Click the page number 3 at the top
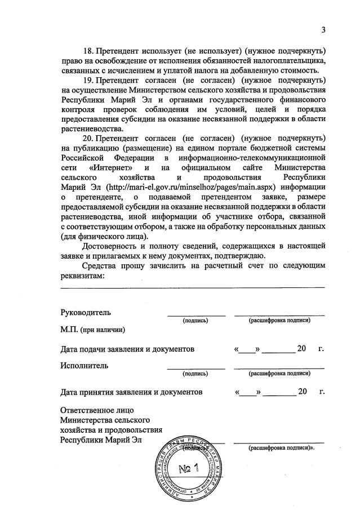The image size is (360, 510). point(323,30)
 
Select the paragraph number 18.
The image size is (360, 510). point(88,50)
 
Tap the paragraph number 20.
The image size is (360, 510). point(88,138)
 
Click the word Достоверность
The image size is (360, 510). point(114,246)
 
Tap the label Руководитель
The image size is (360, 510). point(86,312)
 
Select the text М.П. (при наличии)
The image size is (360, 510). point(92,329)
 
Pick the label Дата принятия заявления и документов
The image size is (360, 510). point(131,391)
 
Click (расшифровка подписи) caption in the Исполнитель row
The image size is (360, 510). point(279,372)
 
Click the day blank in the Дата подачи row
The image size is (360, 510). point(246,350)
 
